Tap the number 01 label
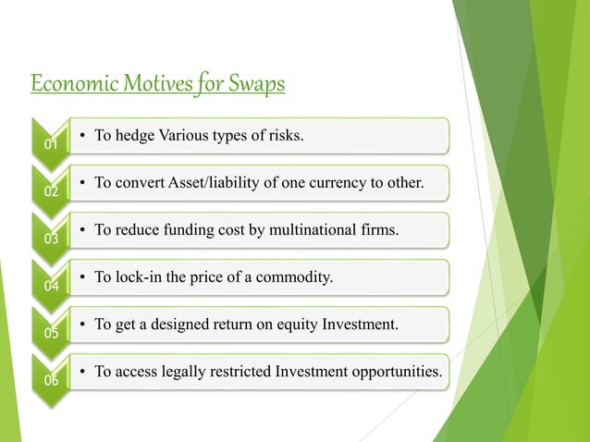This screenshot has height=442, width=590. coord(53,145)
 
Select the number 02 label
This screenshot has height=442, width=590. coord(53,192)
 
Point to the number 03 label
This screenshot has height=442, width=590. coord(53,239)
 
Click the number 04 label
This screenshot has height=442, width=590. coord(53,287)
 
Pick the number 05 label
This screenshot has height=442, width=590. coord(53,334)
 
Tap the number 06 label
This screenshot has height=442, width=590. coord(53,381)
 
